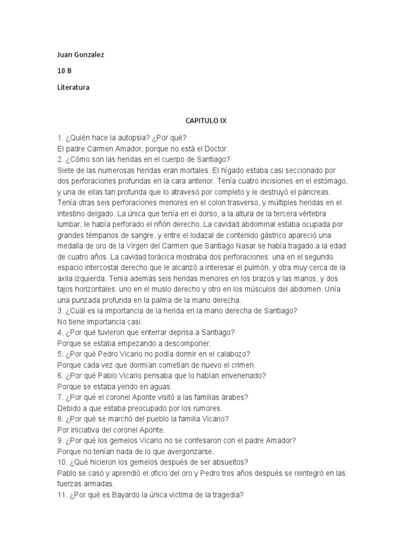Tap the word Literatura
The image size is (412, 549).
[x=73, y=87]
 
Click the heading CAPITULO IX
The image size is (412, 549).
[x=206, y=121]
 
